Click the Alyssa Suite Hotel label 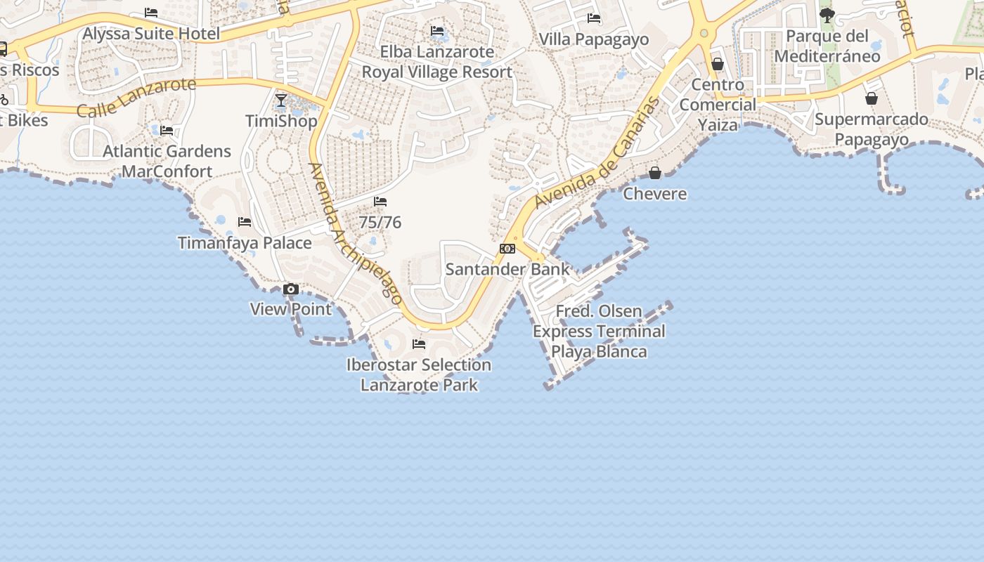point(151,34)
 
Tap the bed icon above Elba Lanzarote point(437,31)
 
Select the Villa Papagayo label point(594,39)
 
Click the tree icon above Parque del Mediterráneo point(827,15)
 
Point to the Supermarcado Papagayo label point(872,129)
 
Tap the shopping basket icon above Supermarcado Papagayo point(872,98)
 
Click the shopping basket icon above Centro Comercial point(718,64)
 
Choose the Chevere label point(655,194)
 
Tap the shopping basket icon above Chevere point(655,173)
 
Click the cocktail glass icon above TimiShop point(281,100)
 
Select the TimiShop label point(281,121)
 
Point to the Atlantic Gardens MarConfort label point(167,161)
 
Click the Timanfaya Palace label point(245,243)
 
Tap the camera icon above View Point point(290,289)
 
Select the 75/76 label point(380,223)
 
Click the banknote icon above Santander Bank point(507,249)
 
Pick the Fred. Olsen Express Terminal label point(599,331)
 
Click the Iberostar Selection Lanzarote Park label point(419,374)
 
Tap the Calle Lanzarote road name point(136,97)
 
